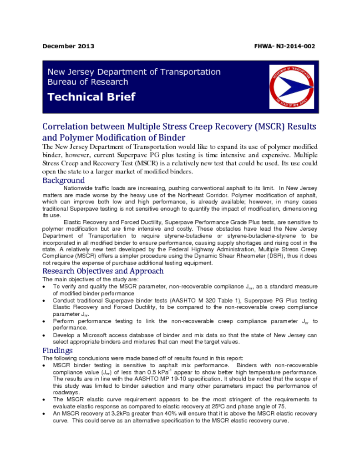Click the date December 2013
click(x=68, y=46)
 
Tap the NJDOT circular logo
click(x=291, y=86)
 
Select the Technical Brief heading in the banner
click(x=91, y=97)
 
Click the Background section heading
click(x=63, y=180)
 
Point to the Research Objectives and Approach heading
click(x=103, y=271)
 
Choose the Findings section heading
click(x=57, y=350)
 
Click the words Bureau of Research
click(x=88, y=82)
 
